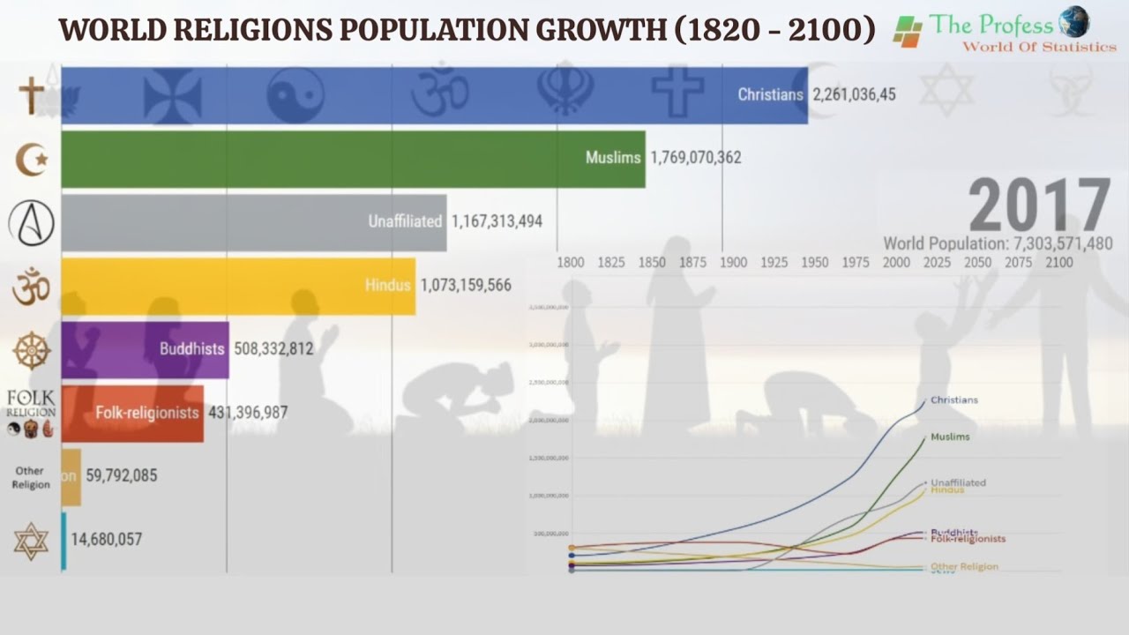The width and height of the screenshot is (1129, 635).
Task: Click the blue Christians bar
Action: point(432,94)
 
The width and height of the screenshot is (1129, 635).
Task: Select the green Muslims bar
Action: point(353,159)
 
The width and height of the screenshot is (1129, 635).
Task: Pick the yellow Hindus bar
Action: point(238,286)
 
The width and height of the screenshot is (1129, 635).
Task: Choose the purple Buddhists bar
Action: point(145,349)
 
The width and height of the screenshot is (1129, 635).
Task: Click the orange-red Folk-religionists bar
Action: point(132,413)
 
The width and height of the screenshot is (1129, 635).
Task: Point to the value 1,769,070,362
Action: point(695,158)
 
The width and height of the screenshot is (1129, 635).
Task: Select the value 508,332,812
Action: point(273,349)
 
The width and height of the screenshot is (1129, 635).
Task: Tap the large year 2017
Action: point(1039,206)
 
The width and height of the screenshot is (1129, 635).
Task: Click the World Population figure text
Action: point(998,244)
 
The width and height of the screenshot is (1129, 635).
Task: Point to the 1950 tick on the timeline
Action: point(814,263)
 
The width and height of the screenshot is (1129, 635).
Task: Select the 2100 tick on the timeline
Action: point(1058,263)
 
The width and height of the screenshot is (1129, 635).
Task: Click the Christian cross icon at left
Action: point(32,95)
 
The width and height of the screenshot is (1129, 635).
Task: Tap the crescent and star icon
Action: point(32,159)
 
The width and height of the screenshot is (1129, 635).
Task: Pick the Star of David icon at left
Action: point(32,540)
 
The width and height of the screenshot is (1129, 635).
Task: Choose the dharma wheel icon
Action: point(32,350)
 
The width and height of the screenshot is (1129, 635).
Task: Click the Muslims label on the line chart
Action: point(950,437)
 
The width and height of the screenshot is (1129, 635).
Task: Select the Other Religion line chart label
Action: point(964,567)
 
